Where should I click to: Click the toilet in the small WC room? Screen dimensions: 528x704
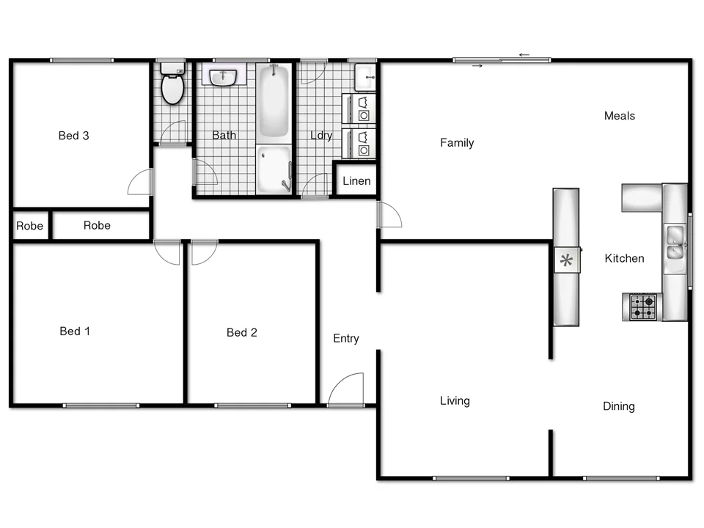pos(173,86)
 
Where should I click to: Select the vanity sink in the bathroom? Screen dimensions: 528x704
pos(222,76)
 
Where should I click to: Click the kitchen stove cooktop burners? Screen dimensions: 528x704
pos(643,307)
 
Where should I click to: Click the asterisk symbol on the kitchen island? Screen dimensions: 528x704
pos(565,260)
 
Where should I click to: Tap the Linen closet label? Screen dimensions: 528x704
pos(356,181)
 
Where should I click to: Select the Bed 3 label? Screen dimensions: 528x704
pos(73,136)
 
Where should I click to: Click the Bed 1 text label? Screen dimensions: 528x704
pos(75,331)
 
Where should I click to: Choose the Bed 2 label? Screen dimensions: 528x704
pos(242,333)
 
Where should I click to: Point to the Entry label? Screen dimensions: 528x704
pos(346,339)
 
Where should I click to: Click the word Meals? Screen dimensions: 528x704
pos(620,116)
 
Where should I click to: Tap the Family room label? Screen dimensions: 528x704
pos(457,143)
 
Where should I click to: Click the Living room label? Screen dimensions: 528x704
pos(455,401)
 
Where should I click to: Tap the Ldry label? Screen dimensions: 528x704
pos(321,136)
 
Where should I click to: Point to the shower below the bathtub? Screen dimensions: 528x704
pos(274,169)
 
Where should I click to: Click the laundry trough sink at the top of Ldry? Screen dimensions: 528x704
pos(364,76)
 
